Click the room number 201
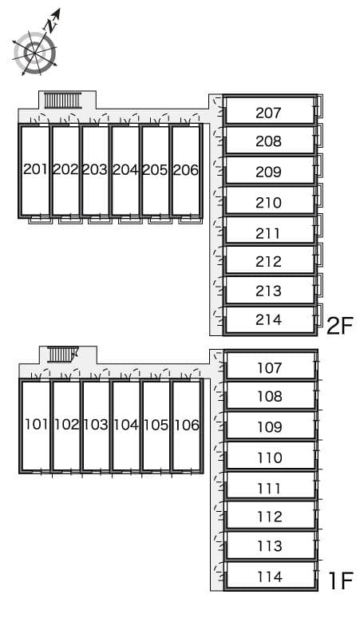point(35,169)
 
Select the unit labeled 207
point(268,113)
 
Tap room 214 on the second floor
point(268,319)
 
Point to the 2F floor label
point(340,326)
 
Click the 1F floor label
point(341,580)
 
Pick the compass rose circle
point(34,53)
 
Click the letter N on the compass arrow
point(51,26)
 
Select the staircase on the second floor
point(62,100)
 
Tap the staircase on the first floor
point(62,354)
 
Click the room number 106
point(186,425)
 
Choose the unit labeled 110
point(270,458)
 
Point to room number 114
point(270,576)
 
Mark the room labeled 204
point(125,169)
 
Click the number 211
point(268,233)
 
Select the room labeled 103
point(96,425)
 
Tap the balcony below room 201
point(41,220)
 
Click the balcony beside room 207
point(319,105)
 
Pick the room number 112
point(270,517)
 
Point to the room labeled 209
point(268,172)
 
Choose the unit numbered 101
point(36,425)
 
